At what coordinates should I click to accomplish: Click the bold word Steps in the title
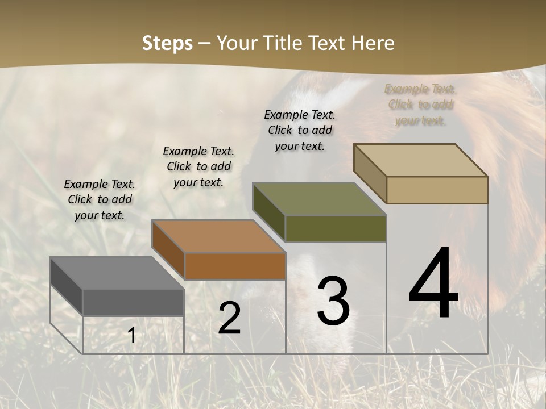[x=167, y=43]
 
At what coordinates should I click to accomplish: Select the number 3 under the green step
[x=333, y=301]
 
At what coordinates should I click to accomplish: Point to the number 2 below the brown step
[x=230, y=319]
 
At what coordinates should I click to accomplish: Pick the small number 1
[x=132, y=336]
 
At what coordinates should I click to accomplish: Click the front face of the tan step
[x=437, y=190]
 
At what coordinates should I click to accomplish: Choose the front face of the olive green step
[x=336, y=228]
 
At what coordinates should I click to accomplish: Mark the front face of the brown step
[x=235, y=266]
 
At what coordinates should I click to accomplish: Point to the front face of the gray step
[x=133, y=302]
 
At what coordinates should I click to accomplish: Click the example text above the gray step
[x=100, y=199]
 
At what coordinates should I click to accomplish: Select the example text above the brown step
[x=198, y=166]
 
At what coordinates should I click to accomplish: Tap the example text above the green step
[x=300, y=130]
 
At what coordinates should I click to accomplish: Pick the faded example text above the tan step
[x=420, y=105]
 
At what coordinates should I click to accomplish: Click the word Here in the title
[x=373, y=43]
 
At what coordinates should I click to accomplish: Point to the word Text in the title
[x=328, y=43]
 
